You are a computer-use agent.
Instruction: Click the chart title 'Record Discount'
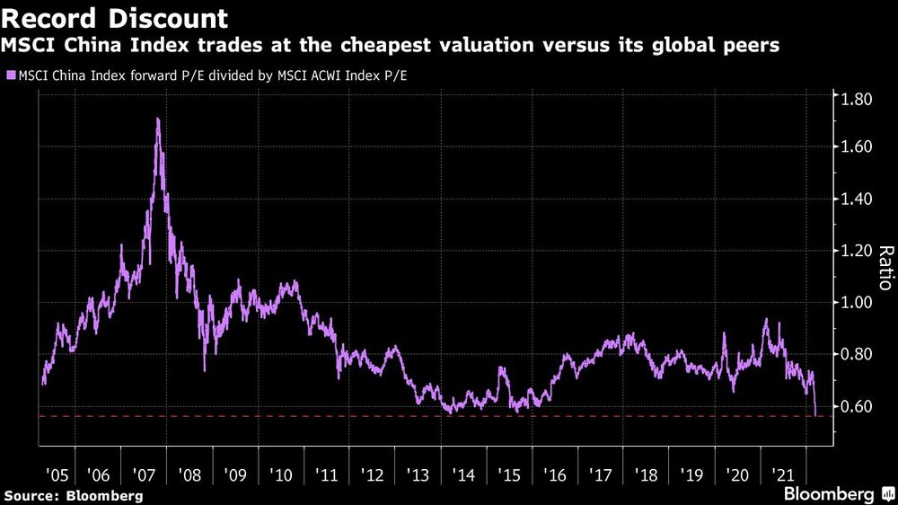coord(116,18)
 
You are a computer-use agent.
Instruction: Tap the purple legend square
coord(11,75)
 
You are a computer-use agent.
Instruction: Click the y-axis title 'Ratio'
coord(885,267)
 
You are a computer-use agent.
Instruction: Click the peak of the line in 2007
coord(158,119)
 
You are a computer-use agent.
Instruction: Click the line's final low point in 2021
coord(815,414)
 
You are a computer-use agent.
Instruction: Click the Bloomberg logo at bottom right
coord(830,494)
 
